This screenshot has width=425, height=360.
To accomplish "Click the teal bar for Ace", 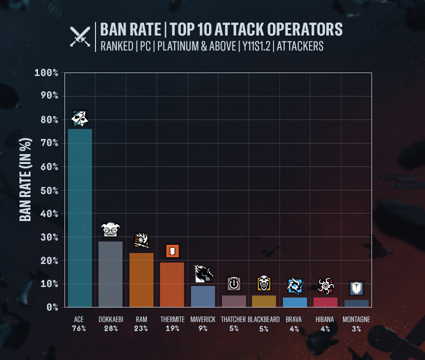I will pyautogui.click(x=80, y=217).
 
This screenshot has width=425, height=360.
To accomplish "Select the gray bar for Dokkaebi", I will pyautogui.click(x=110, y=274).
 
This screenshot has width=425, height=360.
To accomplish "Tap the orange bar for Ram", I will pyautogui.click(x=141, y=280).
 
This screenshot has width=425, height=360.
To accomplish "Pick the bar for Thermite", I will pyautogui.click(x=172, y=284).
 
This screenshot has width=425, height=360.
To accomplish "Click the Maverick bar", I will pyautogui.click(x=203, y=296).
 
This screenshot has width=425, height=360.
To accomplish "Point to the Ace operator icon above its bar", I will pyautogui.click(x=80, y=118).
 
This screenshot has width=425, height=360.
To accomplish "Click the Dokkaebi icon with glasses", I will pyautogui.click(x=110, y=230).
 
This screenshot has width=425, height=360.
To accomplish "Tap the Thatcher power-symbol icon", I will pyautogui.click(x=234, y=284).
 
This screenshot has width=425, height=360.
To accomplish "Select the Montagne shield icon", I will pyautogui.click(x=356, y=288).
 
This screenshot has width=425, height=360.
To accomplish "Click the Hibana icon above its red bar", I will pyautogui.click(x=325, y=286).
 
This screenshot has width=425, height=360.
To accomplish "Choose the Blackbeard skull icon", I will pyautogui.click(x=264, y=283).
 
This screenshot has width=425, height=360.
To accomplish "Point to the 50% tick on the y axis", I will pyautogui.click(x=46, y=190).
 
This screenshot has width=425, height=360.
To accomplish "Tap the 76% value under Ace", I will pyautogui.click(x=79, y=328).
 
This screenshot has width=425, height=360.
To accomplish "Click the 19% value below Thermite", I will pyautogui.click(x=172, y=328).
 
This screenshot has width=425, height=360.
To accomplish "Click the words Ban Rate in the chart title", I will pyautogui.click(x=129, y=29).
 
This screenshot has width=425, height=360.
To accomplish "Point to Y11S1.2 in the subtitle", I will pyautogui.click(x=256, y=46).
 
